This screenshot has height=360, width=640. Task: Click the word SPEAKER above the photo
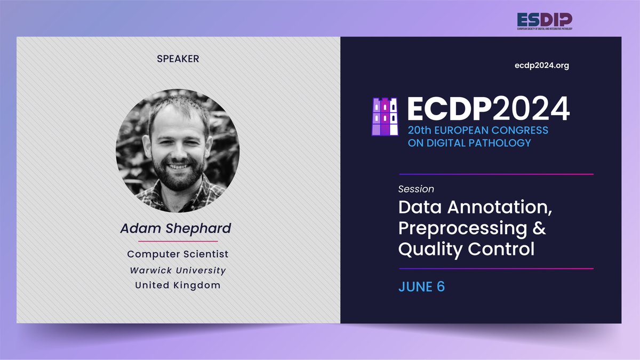click(x=178, y=59)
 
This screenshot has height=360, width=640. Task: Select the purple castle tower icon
click(x=386, y=116)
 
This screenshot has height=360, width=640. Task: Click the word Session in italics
click(x=416, y=189)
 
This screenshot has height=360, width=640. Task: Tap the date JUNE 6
click(x=421, y=286)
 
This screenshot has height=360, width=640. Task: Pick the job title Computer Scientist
click(x=178, y=254)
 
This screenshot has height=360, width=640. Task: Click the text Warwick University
click(x=178, y=270)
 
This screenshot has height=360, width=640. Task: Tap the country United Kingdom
click(x=178, y=285)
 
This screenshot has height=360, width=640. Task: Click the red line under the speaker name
click(x=178, y=241)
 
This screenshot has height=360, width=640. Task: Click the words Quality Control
click(x=466, y=249)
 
